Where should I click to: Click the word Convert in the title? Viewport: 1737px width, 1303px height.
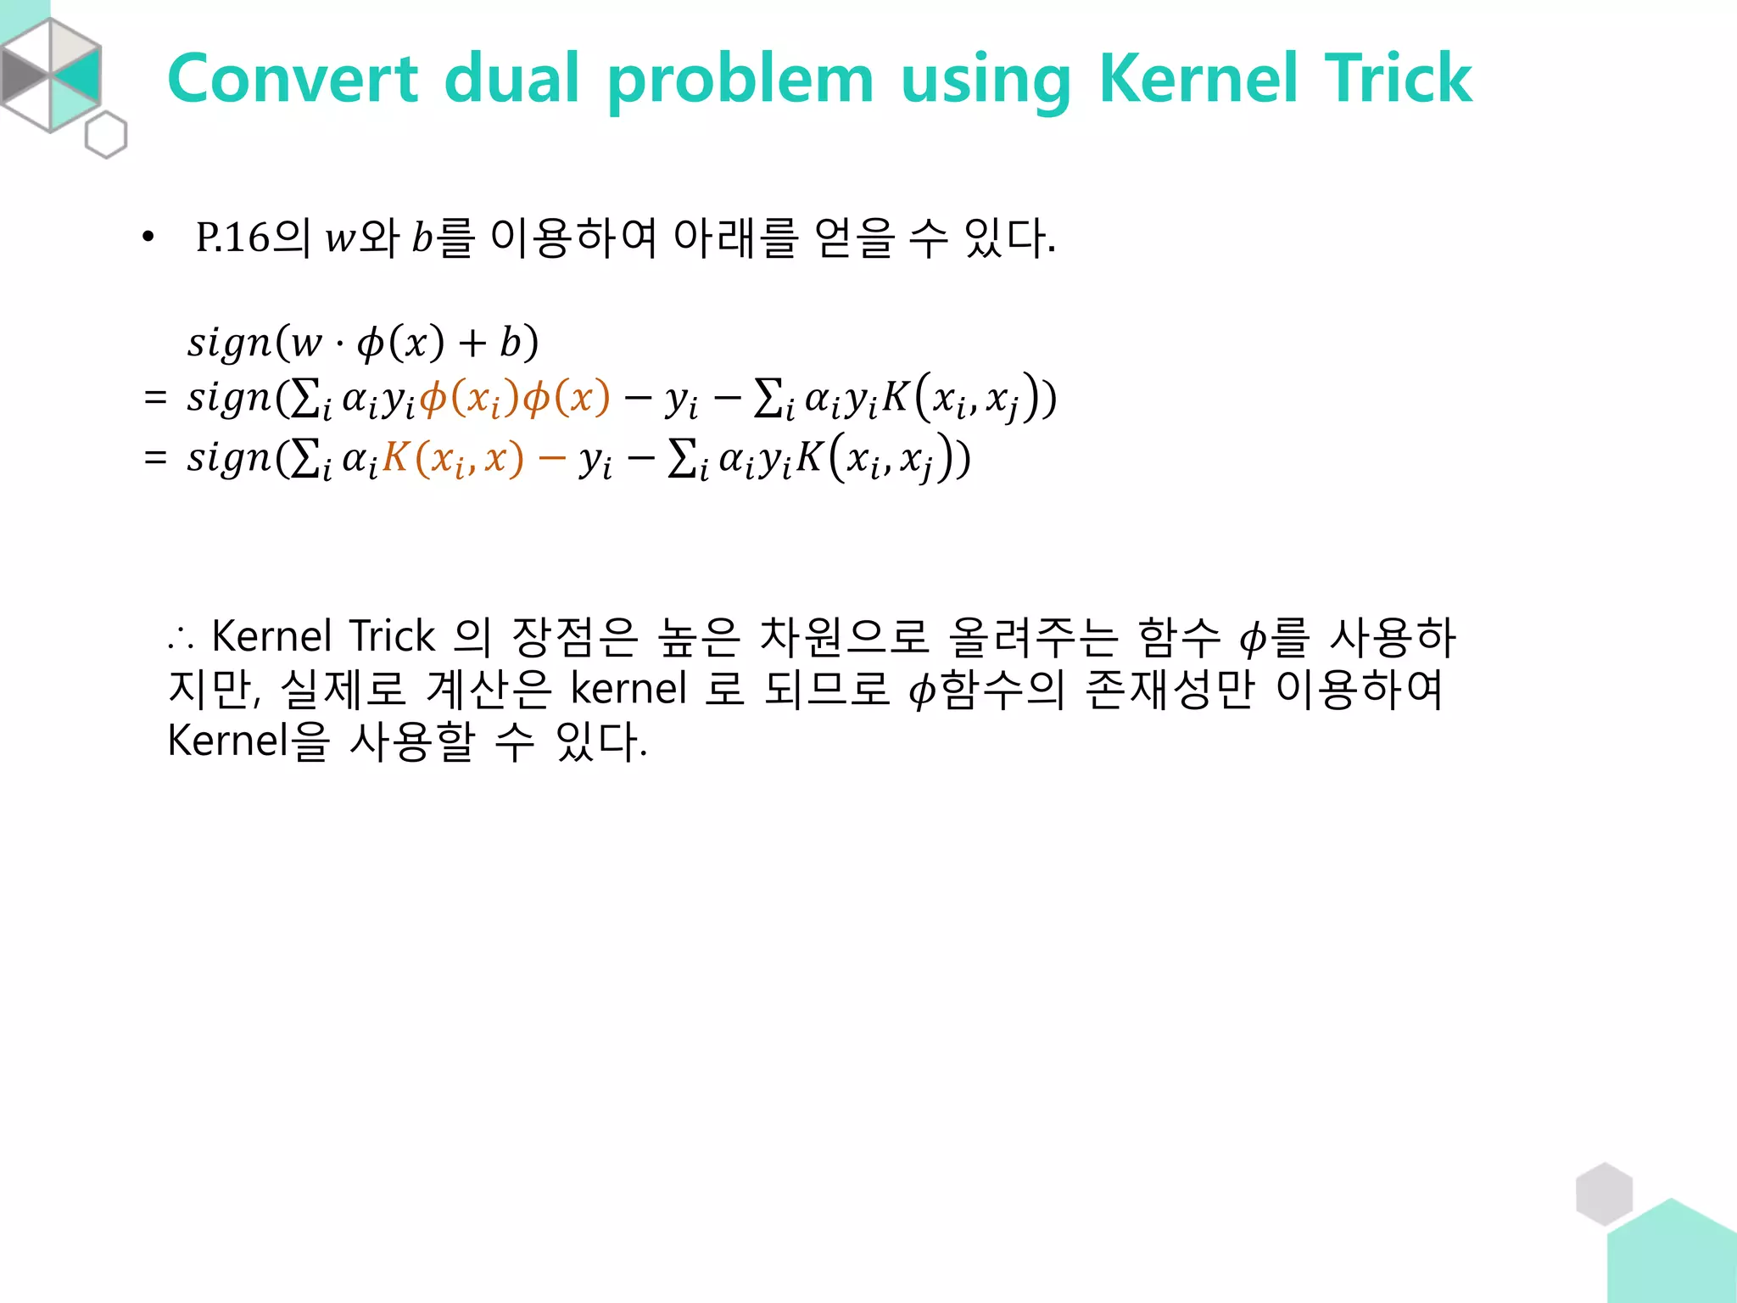point(293,79)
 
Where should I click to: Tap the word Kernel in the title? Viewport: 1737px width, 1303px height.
point(1197,79)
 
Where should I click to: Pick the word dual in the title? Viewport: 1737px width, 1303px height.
point(511,79)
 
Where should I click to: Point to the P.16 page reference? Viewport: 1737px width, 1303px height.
point(232,238)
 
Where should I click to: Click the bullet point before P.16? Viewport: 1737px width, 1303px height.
point(148,238)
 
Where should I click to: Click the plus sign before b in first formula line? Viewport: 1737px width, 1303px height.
point(472,344)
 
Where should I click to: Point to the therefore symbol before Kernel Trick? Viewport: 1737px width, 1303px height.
point(182,638)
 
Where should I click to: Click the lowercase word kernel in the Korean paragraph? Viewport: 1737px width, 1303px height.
point(628,689)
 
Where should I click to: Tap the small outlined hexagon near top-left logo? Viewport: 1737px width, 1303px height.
point(106,135)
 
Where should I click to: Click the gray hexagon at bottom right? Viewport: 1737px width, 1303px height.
point(1604,1194)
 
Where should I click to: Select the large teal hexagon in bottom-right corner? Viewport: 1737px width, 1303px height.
point(1675,1255)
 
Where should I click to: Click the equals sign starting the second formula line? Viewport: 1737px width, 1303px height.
point(155,397)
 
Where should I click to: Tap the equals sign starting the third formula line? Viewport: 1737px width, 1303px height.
point(155,458)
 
